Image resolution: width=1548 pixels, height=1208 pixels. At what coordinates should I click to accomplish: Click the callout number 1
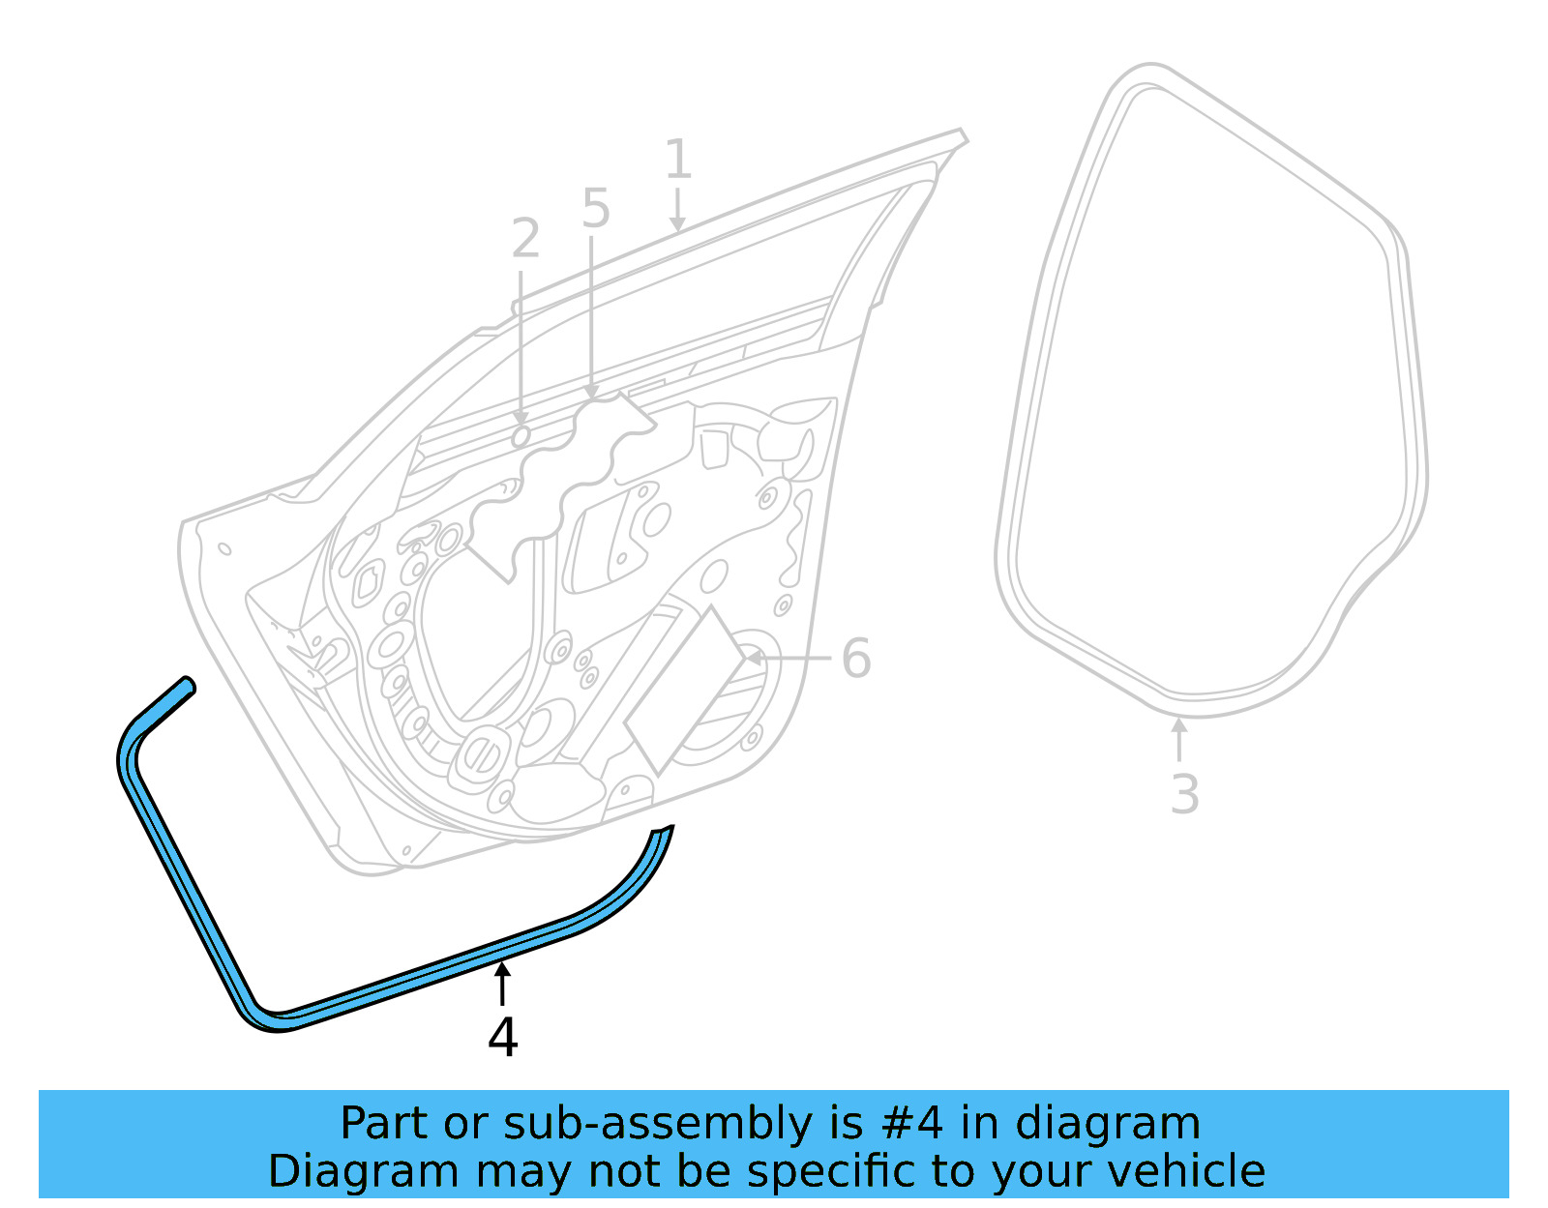pyautogui.click(x=678, y=160)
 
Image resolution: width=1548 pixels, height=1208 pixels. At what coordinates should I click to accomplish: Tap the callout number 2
pyautogui.click(x=525, y=239)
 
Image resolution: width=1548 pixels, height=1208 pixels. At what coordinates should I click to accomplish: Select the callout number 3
pyautogui.click(x=1184, y=795)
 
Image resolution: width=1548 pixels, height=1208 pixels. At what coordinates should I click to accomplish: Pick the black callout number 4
pyautogui.click(x=502, y=1038)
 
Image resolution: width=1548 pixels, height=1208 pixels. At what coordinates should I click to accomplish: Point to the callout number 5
pyautogui.click(x=596, y=209)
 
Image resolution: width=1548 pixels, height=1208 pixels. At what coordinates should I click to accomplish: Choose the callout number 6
pyautogui.click(x=856, y=659)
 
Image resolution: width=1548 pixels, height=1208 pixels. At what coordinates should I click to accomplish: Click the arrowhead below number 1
pyautogui.click(x=677, y=224)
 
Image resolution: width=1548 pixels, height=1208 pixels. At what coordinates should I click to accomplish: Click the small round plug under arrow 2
pyautogui.click(x=521, y=437)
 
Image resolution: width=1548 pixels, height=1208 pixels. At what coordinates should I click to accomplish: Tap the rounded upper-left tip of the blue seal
pyautogui.click(x=188, y=684)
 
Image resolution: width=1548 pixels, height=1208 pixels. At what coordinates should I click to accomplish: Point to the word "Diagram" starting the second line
pyautogui.click(x=363, y=1171)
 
